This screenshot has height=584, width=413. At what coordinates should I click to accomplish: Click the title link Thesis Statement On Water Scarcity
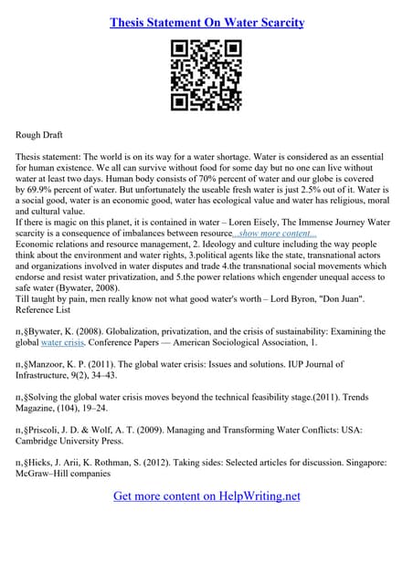pyautogui.click(x=206, y=21)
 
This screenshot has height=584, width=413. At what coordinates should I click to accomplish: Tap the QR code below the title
pyautogui.click(x=206, y=77)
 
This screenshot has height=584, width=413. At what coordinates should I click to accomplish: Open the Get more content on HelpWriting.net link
pyautogui.click(x=206, y=496)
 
